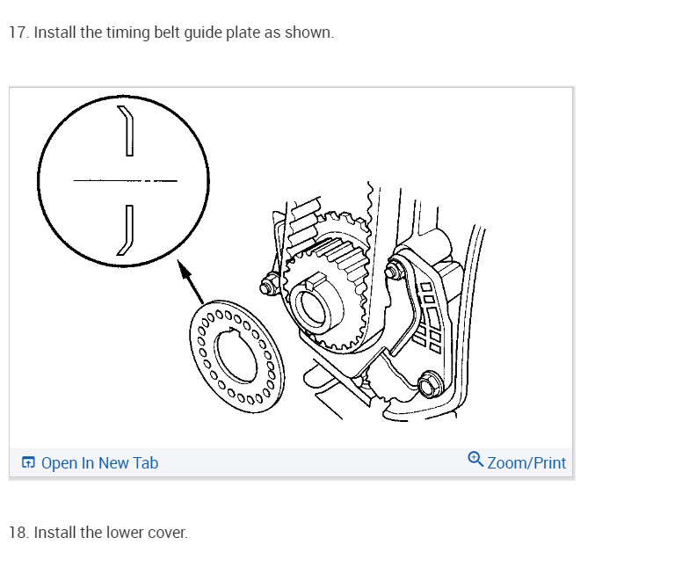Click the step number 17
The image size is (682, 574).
tap(17, 33)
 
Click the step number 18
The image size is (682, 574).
tap(17, 533)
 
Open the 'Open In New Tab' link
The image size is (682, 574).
tap(99, 462)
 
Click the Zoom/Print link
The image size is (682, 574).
tap(526, 462)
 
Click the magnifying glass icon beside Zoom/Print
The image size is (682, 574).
tap(475, 459)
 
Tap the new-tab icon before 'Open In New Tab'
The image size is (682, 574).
tap(29, 462)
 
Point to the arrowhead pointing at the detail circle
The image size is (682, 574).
tap(183, 266)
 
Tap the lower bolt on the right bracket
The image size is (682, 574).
tap(430, 384)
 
